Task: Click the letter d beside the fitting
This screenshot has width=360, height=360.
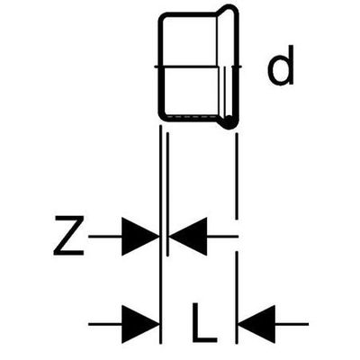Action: [281, 66]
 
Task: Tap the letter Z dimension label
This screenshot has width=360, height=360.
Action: [68, 236]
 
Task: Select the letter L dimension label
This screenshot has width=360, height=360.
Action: [204, 323]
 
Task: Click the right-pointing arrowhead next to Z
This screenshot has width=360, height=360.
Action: [140, 237]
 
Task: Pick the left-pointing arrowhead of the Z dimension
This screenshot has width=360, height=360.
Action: [188, 237]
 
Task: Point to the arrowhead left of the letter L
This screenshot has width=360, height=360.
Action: [140, 324]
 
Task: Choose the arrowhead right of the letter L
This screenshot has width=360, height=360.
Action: [256, 324]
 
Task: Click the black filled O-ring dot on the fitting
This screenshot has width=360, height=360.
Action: [229, 121]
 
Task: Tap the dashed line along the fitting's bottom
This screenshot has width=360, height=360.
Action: [192, 115]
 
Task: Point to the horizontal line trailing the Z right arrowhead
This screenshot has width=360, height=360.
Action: [222, 237]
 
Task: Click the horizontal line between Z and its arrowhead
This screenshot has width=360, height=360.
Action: [105, 237]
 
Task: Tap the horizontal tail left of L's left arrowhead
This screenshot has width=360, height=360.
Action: [105, 324]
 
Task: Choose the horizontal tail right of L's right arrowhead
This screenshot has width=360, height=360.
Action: [292, 324]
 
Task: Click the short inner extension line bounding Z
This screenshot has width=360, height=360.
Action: [167, 194]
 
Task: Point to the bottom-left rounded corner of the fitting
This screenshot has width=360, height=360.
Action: [164, 116]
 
